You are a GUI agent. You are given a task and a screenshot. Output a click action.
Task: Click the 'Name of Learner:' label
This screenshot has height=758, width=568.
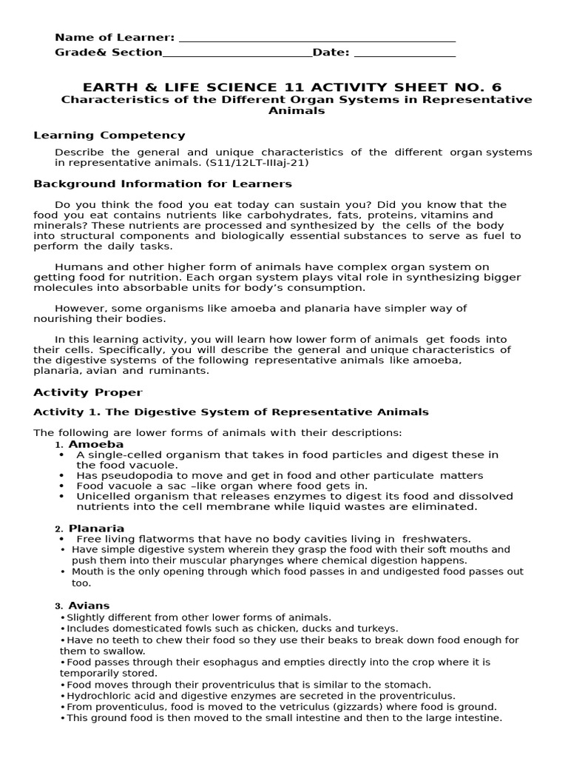pos(115,38)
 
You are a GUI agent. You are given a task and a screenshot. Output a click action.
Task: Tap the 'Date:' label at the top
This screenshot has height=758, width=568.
pos(331,53)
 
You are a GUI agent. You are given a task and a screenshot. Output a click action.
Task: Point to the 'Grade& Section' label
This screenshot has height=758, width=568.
pos(108,53)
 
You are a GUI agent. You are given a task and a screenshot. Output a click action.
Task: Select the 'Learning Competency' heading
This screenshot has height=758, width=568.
pos(109,135)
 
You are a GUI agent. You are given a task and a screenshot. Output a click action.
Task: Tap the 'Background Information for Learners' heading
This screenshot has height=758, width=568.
pos(163,184)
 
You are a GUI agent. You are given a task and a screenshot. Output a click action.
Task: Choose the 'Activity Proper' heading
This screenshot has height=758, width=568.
pos(89,392)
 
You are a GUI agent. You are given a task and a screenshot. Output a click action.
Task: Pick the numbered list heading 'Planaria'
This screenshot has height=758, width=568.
pos(96,529)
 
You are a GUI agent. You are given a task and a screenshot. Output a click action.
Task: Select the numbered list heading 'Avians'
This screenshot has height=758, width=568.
pos(89,606)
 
